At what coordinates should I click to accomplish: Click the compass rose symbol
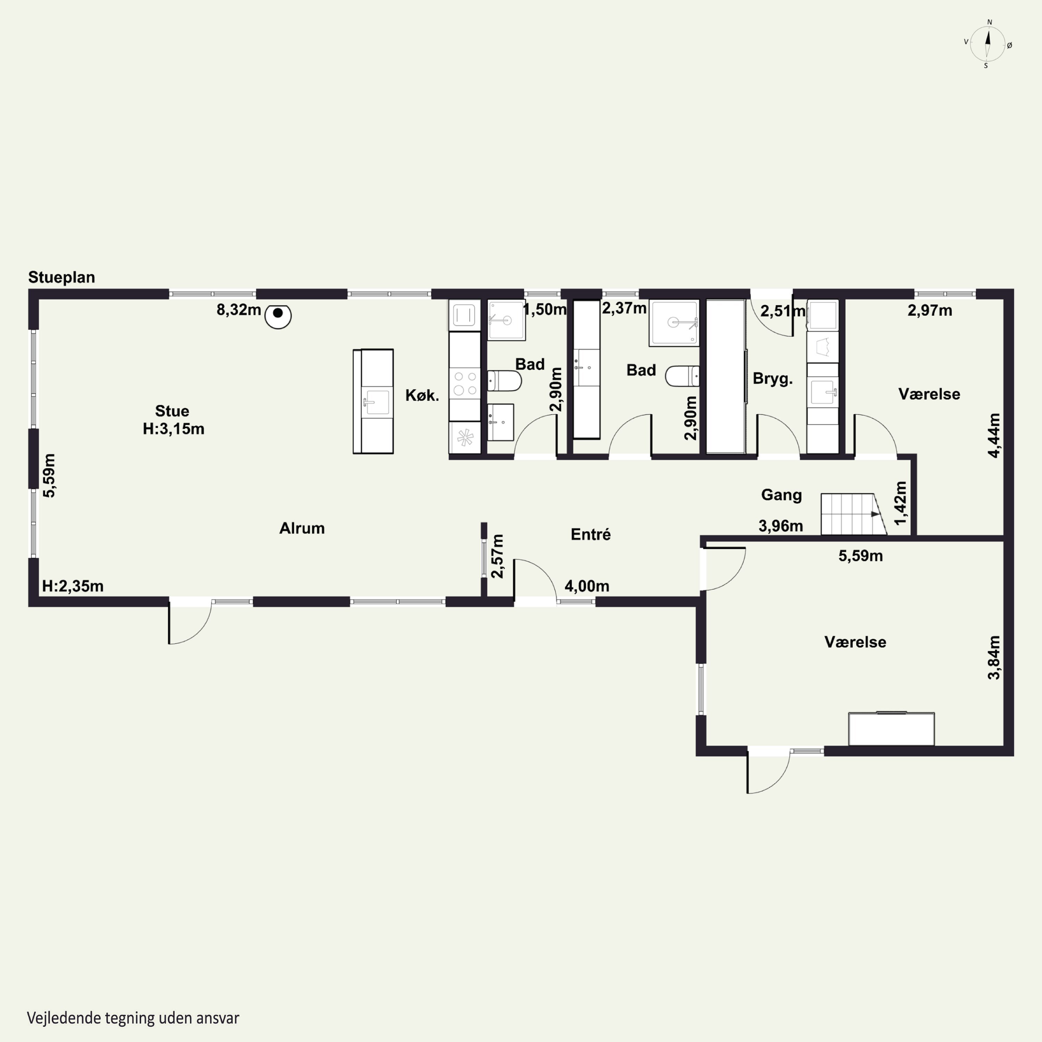point(987,44)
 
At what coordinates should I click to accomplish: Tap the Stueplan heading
point(61,277)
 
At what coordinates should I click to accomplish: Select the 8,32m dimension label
point(238,310)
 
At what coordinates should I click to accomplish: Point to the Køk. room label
point(422,395)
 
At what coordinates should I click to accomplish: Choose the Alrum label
point(302,528)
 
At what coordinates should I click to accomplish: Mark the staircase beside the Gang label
point(854,514)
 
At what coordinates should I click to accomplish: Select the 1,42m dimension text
point(900,503)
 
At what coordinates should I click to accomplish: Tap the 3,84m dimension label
point(994,658)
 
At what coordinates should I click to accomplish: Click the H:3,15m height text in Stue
point(174,429)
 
